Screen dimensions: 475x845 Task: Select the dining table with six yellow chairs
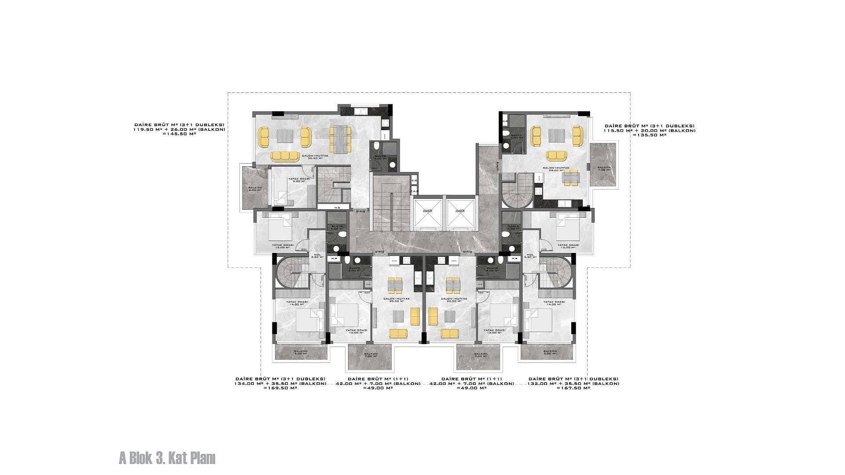(340, 139)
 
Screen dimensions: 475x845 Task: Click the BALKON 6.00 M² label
(255, 189)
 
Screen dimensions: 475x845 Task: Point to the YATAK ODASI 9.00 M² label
(299, 179)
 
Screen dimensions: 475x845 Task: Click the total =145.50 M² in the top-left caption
(179, 134)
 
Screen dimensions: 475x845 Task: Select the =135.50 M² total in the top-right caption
(649, 135)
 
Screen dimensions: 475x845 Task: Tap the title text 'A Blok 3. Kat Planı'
(167, 458)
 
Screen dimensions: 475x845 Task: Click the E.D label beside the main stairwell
(414, 180)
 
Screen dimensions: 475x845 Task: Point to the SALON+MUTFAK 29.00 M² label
(556, 168)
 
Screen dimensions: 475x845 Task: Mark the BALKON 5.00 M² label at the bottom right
(550, 352)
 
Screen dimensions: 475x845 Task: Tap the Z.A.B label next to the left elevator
(414, 191)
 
